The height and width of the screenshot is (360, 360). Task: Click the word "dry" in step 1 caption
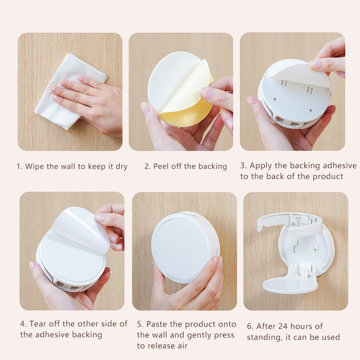click(x=121, y=166)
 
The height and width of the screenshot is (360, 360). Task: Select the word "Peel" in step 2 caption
click(x=160, y=166)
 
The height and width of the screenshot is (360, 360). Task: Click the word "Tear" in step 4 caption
click(x=38, y=324)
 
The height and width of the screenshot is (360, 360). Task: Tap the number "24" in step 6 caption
click(x=283, y=326)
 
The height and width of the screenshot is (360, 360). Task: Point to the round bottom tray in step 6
click(x=290, y=284)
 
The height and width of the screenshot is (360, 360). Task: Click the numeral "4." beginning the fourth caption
click(x=23, y=324)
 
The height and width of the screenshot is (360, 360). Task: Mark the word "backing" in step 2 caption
click(x=212, y=166)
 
